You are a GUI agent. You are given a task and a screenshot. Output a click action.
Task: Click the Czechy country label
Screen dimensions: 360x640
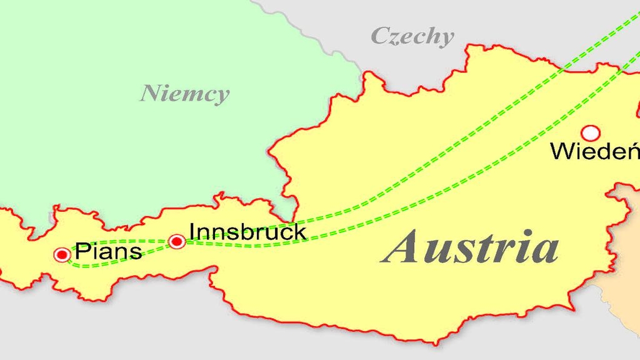(x=412, y=36)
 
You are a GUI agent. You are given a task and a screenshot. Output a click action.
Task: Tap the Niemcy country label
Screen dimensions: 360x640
(x=184, y=93)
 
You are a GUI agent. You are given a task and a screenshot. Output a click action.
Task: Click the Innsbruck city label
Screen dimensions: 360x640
(x=247, y=231)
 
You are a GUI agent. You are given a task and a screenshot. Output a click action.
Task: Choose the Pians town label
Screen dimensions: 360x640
(x=108, y=251)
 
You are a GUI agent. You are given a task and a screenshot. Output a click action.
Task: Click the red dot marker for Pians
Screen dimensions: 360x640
(x=62, y=254)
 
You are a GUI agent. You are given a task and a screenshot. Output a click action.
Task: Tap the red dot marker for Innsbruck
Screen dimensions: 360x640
(x=177, y=241)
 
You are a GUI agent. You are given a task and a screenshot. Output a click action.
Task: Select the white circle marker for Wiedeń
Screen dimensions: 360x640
(x=590, y=133)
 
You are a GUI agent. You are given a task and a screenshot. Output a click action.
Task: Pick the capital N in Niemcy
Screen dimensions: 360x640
(x=150, y=93)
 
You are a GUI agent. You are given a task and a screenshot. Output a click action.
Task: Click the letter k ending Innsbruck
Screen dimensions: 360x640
(x=300, y=231)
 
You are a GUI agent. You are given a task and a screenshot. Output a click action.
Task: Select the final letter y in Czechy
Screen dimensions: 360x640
(x=446, y=39)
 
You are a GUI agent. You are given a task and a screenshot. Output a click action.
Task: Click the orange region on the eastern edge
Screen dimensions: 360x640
(x=622, y=290)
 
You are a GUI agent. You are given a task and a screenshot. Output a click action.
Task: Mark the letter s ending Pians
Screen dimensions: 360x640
(x=135, y=252)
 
